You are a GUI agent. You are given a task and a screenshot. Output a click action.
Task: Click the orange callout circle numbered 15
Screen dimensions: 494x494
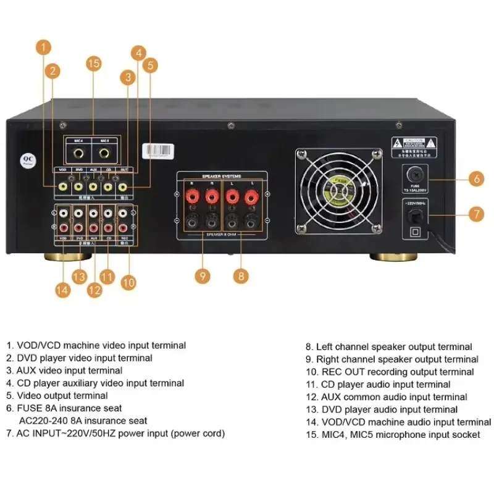coord(93,64)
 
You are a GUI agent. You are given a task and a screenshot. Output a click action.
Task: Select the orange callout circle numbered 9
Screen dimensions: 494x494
coord(203,275)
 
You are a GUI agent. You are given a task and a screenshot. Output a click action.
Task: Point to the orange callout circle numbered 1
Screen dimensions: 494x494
coord(43,47)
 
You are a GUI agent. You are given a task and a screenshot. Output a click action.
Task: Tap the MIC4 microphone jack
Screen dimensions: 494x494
coord(80,149)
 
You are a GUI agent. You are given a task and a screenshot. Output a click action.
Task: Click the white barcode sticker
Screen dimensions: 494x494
coord(158,150)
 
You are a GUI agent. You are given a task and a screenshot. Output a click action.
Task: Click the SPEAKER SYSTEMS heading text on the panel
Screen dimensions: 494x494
coord(221,177)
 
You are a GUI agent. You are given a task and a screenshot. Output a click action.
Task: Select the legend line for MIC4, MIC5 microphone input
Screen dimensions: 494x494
coord(393,435)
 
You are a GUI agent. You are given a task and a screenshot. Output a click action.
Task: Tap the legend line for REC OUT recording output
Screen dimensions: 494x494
coord(390,372)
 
